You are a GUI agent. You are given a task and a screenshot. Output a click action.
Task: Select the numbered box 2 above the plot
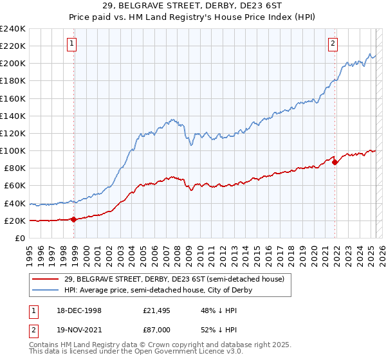pyautogui.click(x=333, y=44)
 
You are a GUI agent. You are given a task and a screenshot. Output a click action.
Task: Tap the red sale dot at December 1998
pyautogui.click(x=74, y=219)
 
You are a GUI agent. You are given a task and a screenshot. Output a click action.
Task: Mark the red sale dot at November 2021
pyautogui.click(x=335, y=162)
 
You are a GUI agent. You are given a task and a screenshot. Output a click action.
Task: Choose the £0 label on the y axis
pyautogui.click(x=19, y=238)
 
